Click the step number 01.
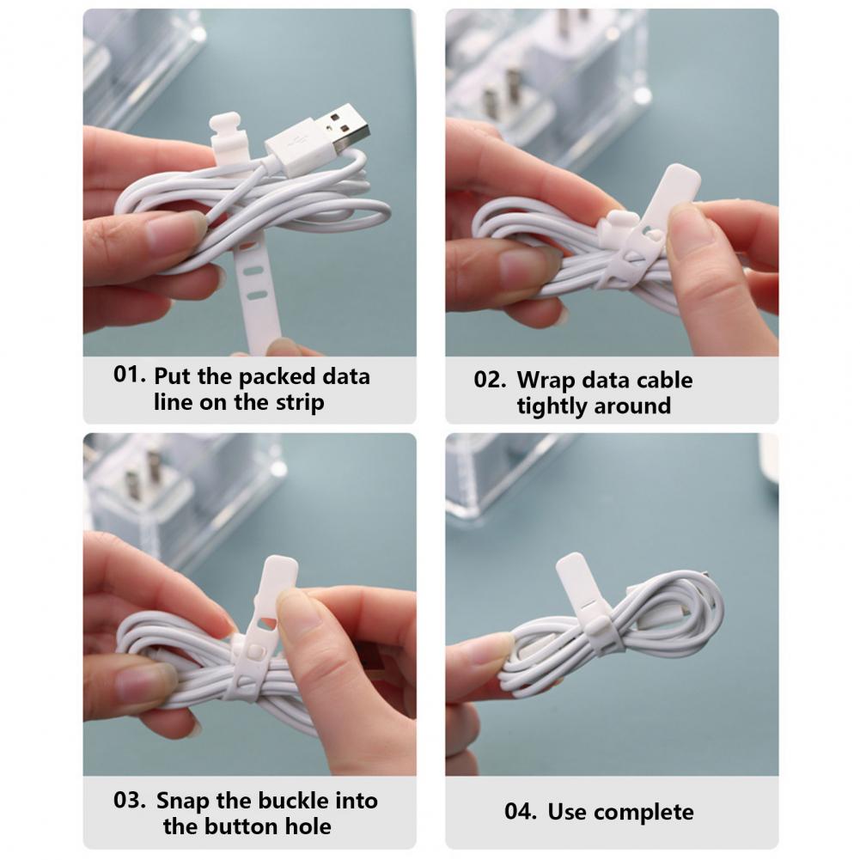(130, 375)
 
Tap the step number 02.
(490, 380)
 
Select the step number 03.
(130, 800)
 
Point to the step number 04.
(521, 811)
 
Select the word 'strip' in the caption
(300, 403)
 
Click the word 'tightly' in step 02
(552, 406)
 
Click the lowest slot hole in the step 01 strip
(257, 296)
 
